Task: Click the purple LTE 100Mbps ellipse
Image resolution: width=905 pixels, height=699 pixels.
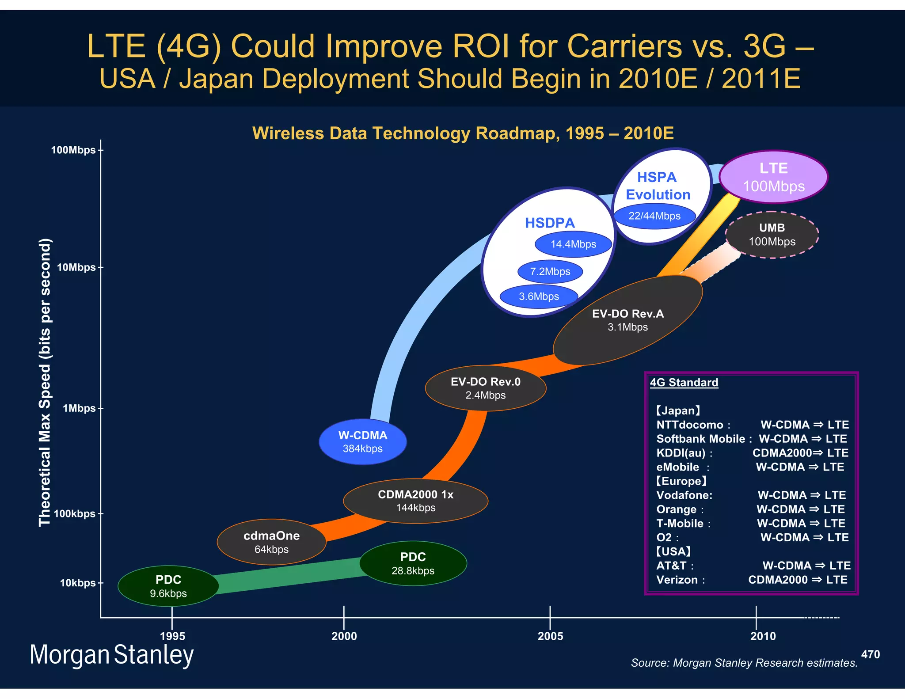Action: pos(773,177)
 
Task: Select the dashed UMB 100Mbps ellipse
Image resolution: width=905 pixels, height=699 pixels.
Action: pos(772,235)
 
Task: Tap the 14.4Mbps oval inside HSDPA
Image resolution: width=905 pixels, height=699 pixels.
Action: pos(573,244)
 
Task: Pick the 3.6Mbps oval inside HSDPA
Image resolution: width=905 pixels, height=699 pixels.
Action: pos(539,296)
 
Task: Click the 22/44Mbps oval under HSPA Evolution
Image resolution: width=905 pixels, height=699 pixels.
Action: pos(654,216)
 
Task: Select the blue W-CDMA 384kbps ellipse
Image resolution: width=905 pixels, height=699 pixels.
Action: pos(363,441)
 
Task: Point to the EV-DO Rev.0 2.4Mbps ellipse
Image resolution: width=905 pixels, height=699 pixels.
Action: pos(486,388)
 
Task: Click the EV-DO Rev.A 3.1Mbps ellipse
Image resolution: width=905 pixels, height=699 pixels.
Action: pos(627,320)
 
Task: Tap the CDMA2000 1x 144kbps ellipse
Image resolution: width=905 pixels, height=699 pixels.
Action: pos(415,501)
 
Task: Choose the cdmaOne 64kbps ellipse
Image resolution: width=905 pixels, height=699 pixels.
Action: pos(271,542)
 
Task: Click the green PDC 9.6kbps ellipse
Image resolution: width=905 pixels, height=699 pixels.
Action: pos(168,586)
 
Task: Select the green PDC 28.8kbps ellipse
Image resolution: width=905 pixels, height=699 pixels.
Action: pos(413,563)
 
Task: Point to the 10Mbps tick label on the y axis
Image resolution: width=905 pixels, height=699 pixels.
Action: pos(76,267)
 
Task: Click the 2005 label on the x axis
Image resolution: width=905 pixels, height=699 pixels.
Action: pos(550,636)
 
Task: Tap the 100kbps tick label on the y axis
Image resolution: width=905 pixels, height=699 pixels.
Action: pos(74,514)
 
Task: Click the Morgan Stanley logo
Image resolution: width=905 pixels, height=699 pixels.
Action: pos(111,655)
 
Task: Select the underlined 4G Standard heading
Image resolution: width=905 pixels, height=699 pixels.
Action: pos(684,383)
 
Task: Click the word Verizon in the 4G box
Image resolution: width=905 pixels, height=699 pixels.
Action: pos(677,580)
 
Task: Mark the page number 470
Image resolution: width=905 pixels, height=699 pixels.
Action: pos(870,654)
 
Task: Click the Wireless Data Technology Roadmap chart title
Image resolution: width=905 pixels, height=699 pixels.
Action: pos(463,133)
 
